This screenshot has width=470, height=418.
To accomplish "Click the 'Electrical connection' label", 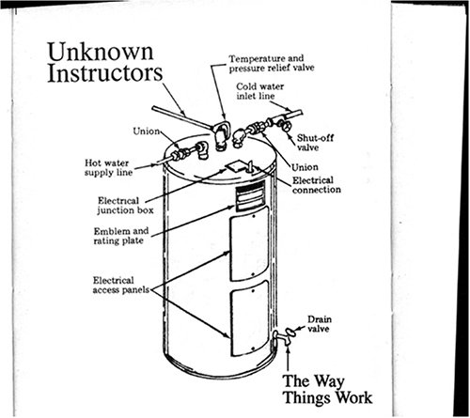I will tap(316, 184).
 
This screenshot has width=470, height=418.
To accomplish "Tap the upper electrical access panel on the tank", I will tap(251, 244).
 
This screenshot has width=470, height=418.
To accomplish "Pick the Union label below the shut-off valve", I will tap(306, 167).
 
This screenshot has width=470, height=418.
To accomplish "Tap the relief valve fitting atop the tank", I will tap(223, 136).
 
